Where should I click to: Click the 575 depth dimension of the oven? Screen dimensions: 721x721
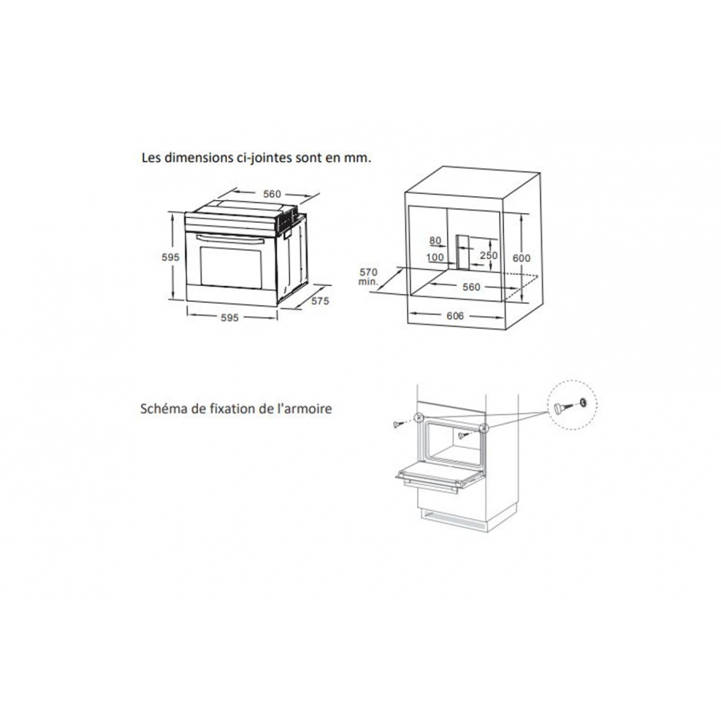coord(320,300)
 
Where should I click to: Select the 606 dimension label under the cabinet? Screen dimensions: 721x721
coord(455,316)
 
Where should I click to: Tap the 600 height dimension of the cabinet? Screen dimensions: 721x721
coord(522,258)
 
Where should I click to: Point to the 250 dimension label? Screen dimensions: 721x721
coord(489,255)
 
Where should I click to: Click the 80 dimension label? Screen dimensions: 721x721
coord(435,240)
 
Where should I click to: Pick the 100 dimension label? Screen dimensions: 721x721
coord(435,257)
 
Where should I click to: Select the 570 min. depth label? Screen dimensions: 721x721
coord(369,277)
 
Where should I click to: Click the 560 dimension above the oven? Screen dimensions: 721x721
coord(272,194)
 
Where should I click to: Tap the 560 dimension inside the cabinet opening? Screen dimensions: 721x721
coord(471,287)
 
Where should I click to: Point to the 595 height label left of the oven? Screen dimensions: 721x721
coord(171,257)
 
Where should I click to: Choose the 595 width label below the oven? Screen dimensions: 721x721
coord(229,318)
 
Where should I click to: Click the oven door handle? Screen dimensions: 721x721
coord(230,240)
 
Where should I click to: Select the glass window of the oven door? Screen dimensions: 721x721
coord(232,269)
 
